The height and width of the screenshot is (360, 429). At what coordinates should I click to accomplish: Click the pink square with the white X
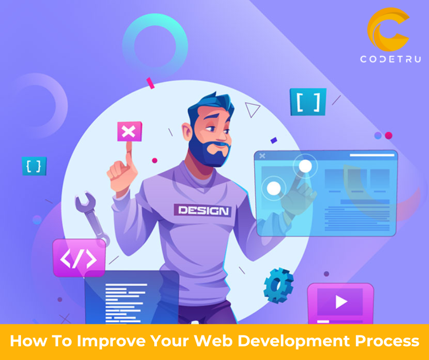pos(129,132)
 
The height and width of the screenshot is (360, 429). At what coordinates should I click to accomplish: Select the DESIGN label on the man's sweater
pos(202,211)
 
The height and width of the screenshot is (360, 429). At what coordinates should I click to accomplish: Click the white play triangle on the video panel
pos(341,301)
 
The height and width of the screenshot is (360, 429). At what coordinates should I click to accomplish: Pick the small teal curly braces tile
pos(34,166)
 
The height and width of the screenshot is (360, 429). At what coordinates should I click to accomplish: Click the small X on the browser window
pos(262,156)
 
